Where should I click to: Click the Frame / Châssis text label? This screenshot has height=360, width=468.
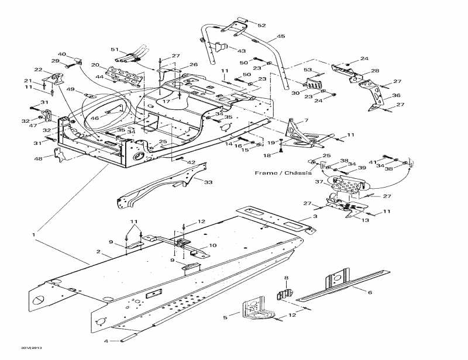click(x=283, y=173)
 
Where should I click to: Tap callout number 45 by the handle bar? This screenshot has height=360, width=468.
click(x=281, y=36)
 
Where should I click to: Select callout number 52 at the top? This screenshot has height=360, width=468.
click(x=261, y=25)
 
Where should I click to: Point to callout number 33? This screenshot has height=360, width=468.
click(x=208, y=182)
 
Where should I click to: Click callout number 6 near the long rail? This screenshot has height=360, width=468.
click(x=370, y=291)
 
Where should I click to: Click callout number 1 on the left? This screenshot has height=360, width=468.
click(x=34, y=235)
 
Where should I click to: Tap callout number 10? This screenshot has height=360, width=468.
click(x=212, y=245)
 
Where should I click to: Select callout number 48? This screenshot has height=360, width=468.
click(x=38, y=159)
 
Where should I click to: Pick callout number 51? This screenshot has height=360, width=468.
click(x=115, y=50)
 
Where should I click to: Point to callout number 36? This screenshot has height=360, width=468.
click(x=396, y=96)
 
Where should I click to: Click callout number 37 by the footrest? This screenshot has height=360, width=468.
click(x=320, y=182)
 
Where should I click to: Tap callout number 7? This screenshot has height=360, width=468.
click(x=305, y=120)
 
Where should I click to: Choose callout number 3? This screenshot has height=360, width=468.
click(x=315, y=217)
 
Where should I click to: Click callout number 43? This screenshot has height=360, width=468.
click(x=241, y=51)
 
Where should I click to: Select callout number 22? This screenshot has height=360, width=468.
click(x=39, y=70)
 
